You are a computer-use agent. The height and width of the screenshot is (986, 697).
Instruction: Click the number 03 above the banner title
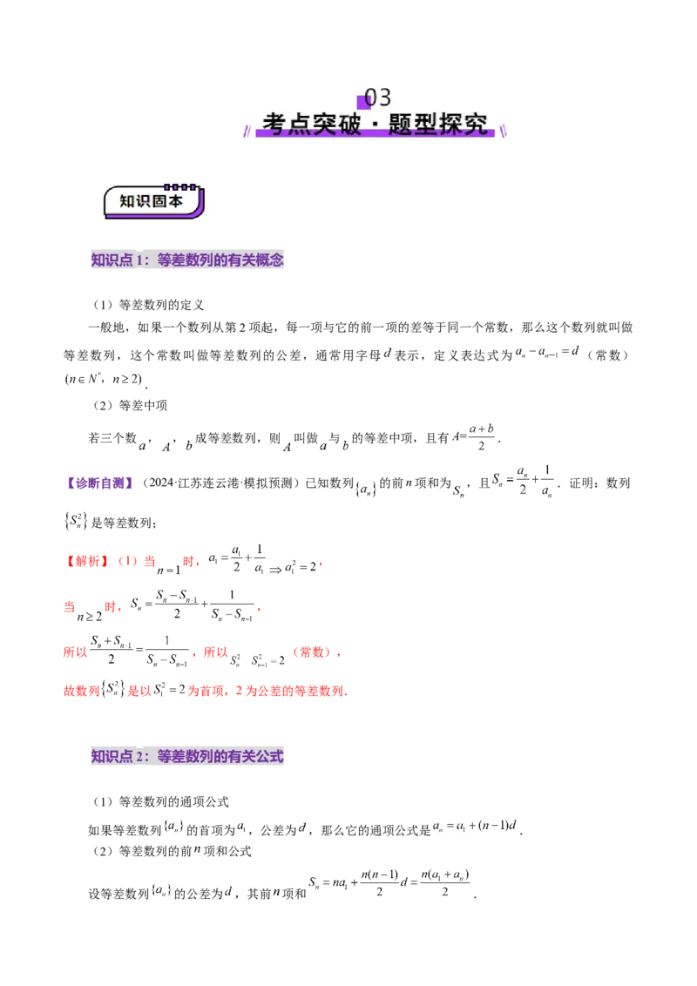[378, 97]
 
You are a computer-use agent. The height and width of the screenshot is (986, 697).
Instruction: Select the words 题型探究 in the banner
[439, 125]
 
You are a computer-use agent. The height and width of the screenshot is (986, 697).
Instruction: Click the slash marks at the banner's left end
[247, 131]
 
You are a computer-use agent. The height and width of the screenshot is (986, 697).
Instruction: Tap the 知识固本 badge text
[152, 201]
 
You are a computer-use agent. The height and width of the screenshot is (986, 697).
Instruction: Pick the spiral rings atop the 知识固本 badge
[181, 186]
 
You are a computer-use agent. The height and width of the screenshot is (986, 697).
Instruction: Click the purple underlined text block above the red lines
[103, 483]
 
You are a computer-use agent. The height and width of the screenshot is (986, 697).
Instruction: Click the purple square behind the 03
[364, 101]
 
